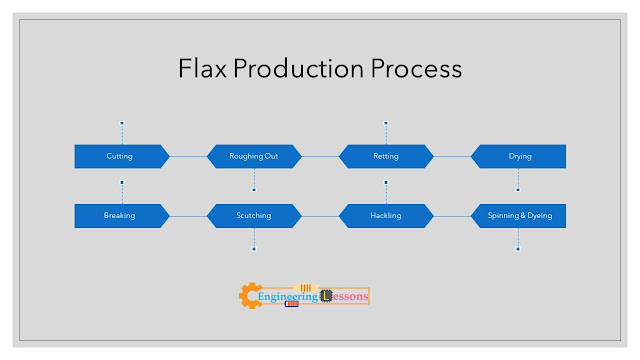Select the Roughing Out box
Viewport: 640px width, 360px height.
(x=254, y=156)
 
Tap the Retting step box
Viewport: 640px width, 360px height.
(x=386, y=156)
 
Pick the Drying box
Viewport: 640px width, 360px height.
(x=518, y=156)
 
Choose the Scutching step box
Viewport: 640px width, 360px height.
(x=254, y=216)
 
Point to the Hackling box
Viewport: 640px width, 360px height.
(x=386, y=216)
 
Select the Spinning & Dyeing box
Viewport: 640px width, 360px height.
(x=518, y=216)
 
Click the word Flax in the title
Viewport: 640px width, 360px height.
(x=202, y=68)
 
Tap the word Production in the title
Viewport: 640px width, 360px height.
(x=298, y=68)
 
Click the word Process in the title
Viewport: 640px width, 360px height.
(x=416, y=68)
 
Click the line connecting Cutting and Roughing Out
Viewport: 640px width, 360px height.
(x=188, y=156)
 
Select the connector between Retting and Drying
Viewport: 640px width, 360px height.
(x=452, y=156)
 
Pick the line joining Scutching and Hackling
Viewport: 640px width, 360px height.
(x=320, y=216)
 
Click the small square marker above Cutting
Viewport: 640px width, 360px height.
(x=122, y=123)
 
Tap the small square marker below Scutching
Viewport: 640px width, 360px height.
(x=254, y=249)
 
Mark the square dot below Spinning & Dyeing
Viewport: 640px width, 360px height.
(x=518, y=249)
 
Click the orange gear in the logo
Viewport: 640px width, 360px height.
(x=249, y=296)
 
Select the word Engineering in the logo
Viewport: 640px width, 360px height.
(x=288, y=297)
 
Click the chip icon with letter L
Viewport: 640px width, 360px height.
(x=326, y=296)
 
